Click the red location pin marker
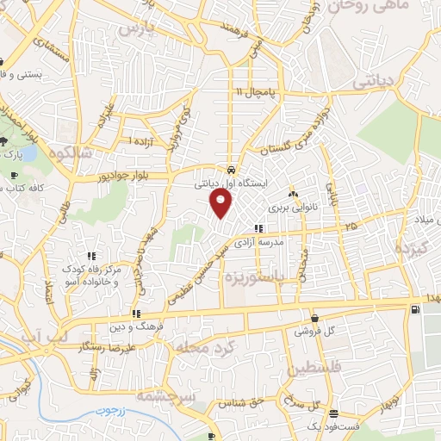pyautogui.click(x=222, y=204)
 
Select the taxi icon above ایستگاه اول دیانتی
pyautogui.click(x=232, y=170)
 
